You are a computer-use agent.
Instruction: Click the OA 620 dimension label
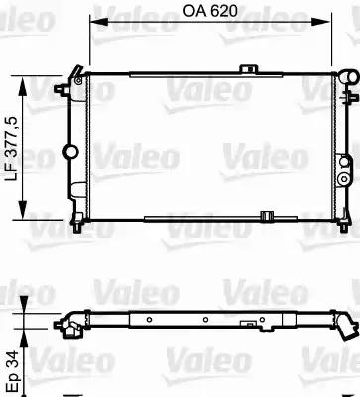point(210,11)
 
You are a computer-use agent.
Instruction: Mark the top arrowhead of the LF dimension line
point(23,86)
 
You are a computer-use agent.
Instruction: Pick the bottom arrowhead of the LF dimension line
point(23,209)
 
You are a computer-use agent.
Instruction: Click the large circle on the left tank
point(70,152)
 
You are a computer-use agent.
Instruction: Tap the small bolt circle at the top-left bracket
point(78,81)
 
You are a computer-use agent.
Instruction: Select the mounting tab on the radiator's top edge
point(248,68)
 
